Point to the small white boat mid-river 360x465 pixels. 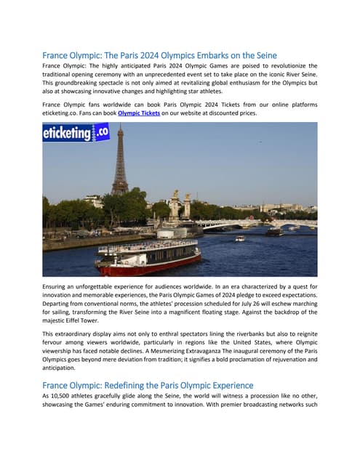[x=240, y=238]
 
